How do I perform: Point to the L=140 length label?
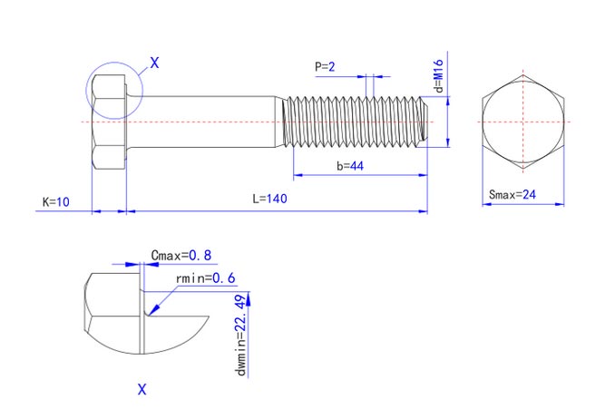click(x=269, y=200)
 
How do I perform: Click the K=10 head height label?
click(x=56, y=200)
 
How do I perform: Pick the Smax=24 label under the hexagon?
click(x=513, y=194)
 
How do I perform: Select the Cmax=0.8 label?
click(x=181, y=256)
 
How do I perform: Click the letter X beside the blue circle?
click(x=153, y=63)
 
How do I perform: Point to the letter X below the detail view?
click(x=141, y=390)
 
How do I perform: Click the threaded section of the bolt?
click(x=354, y=121)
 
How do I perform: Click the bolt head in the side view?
click(x=109, y=121)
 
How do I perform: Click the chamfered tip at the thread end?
click(x=424, y=121)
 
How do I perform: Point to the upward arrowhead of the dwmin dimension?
click(x=252, y=298)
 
